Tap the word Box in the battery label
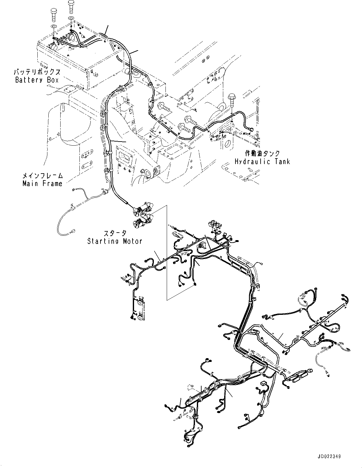pos(53,80)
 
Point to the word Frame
pos(53,183)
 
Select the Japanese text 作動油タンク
pos(262,154)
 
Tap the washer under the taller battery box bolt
pos(71,18)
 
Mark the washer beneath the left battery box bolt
pos(53,25)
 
